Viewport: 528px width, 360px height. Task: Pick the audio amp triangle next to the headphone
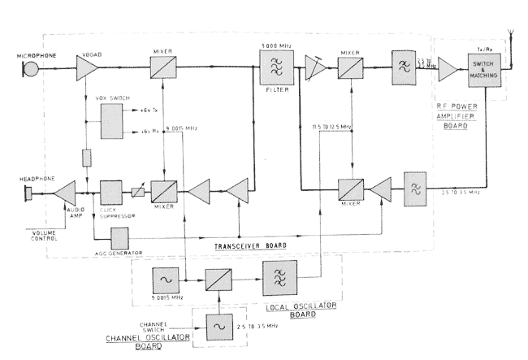(x=66, y=193)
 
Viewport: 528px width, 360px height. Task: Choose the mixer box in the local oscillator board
(x=217, y=279)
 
